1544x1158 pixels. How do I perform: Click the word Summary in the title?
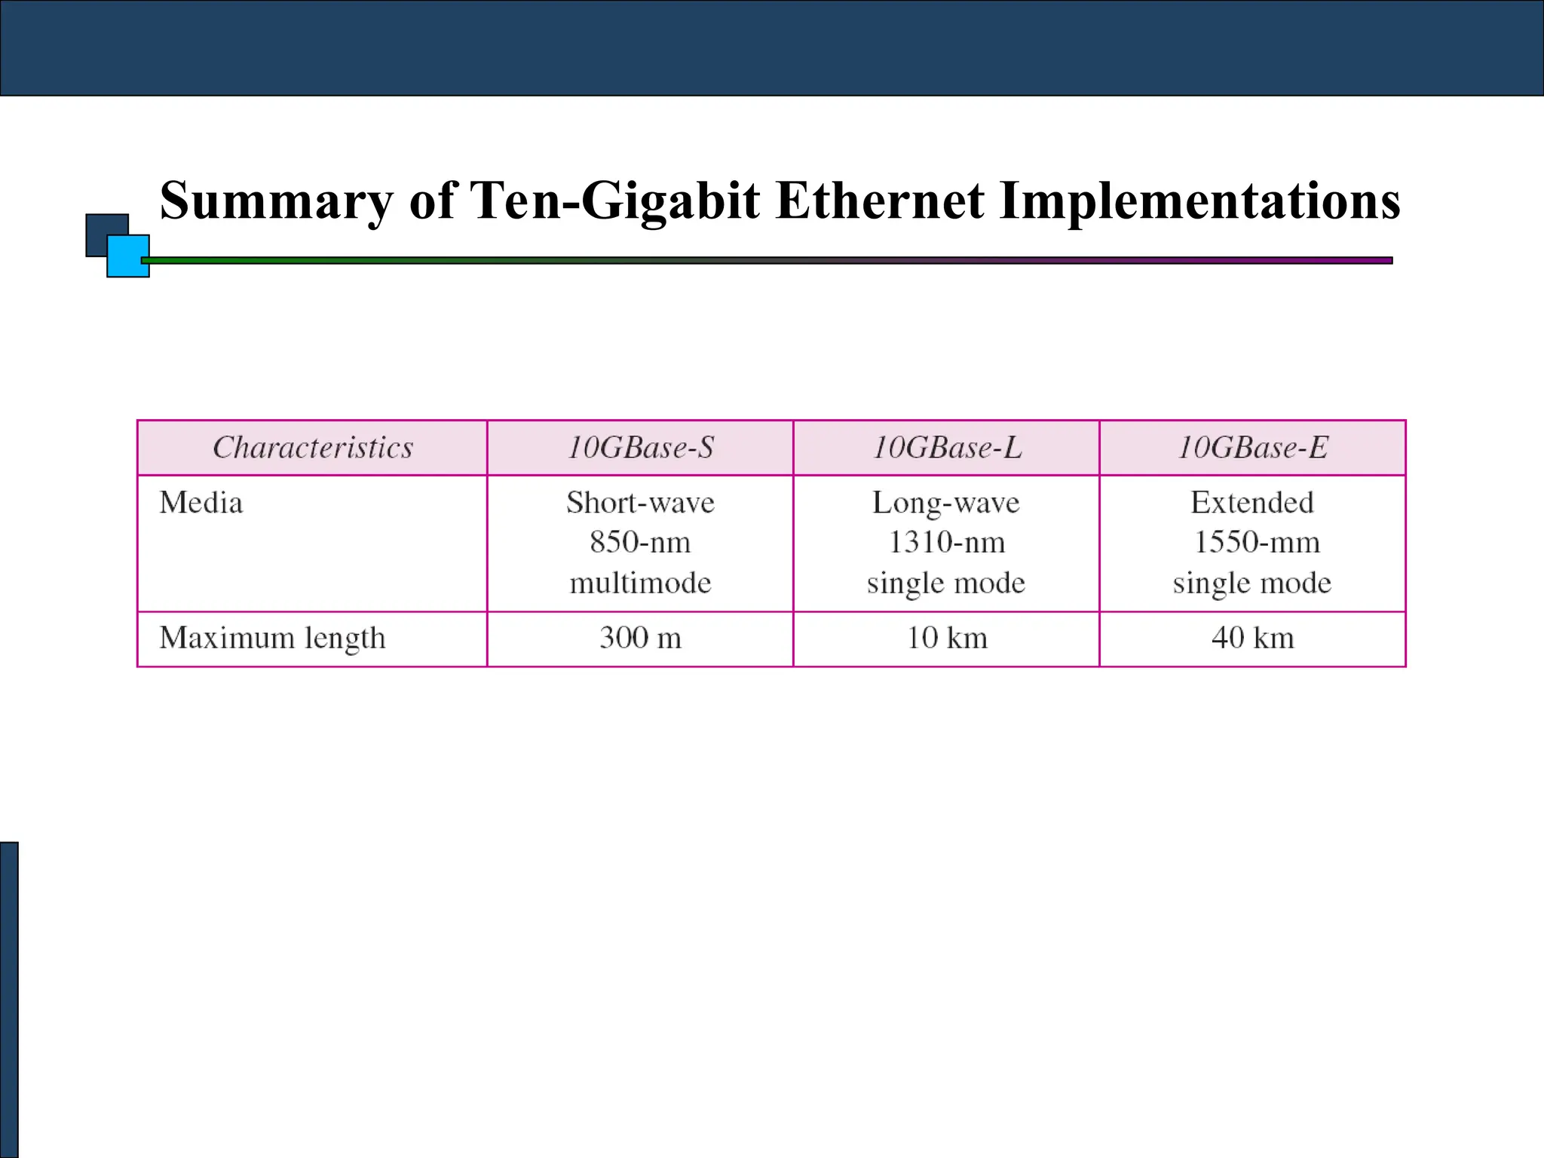point(276,202)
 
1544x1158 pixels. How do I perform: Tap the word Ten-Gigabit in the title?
point(614,202)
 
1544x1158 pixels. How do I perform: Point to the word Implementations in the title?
point(1199,202)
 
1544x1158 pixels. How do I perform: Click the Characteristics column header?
point(313,448)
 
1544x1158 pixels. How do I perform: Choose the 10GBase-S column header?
point(640,448)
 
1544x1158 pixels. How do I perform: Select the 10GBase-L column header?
point(947,448)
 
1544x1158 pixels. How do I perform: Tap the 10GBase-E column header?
point(1252,448)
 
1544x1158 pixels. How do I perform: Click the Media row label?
point(201,503)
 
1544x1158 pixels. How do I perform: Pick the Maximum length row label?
point(272,639)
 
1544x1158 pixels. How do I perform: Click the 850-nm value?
point(640,542)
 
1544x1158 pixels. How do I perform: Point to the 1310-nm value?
point(947,542)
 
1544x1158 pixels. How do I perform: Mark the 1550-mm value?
point(1257,542)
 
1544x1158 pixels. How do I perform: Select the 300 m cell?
point(640,638)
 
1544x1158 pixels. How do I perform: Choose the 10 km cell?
point(947,638)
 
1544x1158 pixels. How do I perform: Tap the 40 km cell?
point(1252,638)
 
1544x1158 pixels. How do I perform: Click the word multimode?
point(640,583)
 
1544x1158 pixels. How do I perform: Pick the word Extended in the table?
point(1252,502)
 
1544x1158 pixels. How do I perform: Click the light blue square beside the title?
point(128,257)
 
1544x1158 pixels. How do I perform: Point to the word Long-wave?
point(946,503)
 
